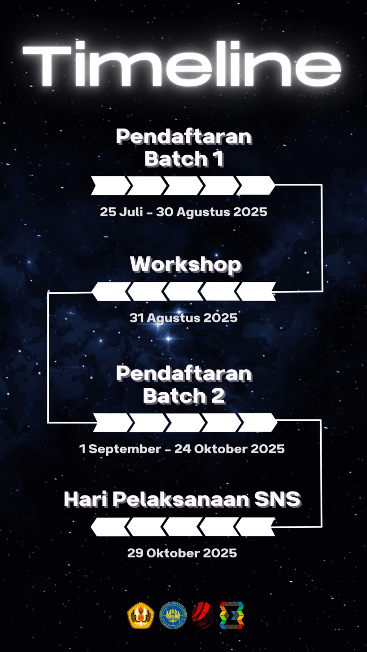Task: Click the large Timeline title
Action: point(182,64)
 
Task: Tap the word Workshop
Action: point(185,265)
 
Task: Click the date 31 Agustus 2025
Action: point(183,318)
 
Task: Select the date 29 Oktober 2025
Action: point(182,553)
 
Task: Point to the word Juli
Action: point(131,212)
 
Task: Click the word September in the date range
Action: point(125,449)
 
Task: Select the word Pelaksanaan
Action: point(181,499)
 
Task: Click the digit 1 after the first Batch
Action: point(218,159)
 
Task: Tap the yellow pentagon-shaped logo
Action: point(141,615)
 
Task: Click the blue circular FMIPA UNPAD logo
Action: point(173,615)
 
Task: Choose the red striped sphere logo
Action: point(203,615)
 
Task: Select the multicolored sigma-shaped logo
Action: point(232,615)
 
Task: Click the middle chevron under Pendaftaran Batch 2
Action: point(185,422)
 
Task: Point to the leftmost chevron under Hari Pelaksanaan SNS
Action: point(110,527)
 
